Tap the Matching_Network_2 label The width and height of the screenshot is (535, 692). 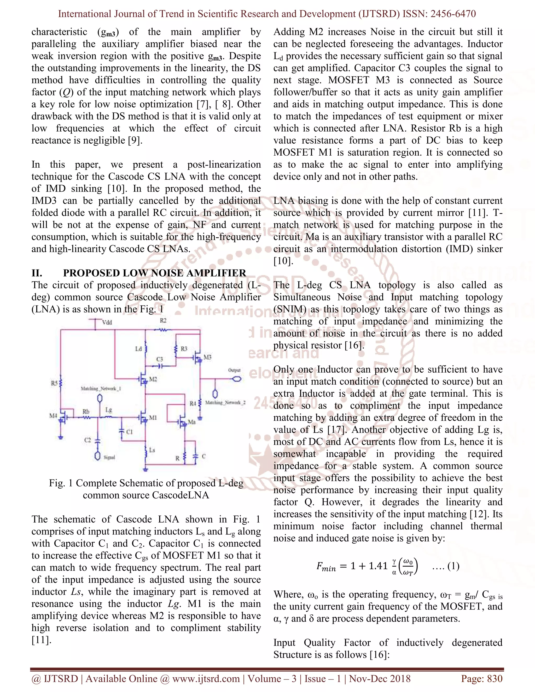coord(225,402)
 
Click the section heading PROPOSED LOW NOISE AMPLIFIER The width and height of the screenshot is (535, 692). coord(154,273)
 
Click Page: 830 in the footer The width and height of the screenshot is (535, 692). coord(482,678)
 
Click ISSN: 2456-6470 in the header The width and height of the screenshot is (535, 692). coord(439,14)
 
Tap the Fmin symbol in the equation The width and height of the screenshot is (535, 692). coord(326,567)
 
